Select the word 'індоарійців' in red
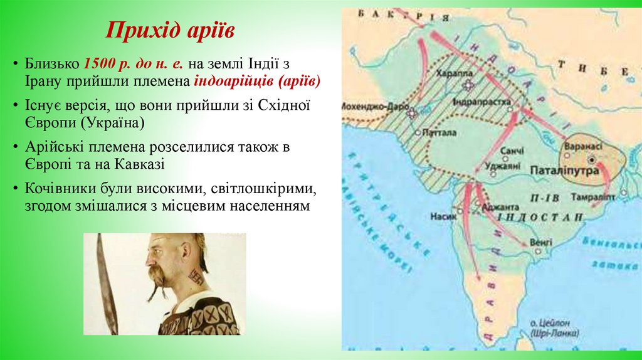click(234, 82)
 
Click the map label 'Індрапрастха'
click(481, 101)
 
